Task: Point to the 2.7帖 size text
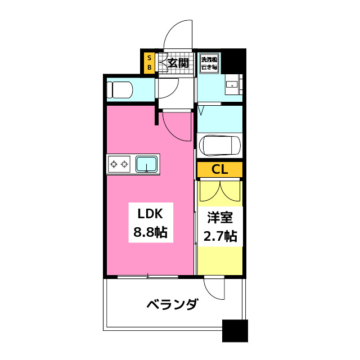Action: click(x=220, y=236)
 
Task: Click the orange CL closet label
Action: click(x=219, y=169)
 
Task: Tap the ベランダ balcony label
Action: click(x=172, y=305)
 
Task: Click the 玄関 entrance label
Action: click(x=178, y=62)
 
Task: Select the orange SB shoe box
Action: click(x=149, y=62)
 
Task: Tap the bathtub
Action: click(x=220, y=146)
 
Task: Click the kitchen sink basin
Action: click(x=146, y=164)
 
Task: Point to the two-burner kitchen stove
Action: click(x=119, y=164)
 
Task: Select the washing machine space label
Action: click(x=210, y=62)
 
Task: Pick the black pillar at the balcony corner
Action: click(x=235, y=330)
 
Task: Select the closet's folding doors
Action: click(x=219, y=191)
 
